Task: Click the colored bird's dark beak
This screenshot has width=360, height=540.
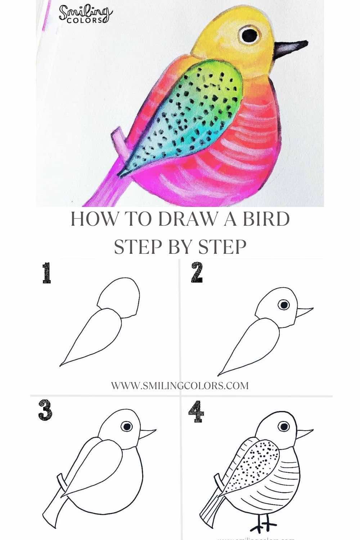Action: coord(290,49)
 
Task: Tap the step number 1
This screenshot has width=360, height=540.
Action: coord(46,273)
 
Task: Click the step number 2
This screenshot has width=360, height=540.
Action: coord(197,273)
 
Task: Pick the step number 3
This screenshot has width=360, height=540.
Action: coord(45,410)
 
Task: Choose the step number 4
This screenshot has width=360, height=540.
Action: coord(196,412)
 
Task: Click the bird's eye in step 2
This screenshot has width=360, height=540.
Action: coord(284,305)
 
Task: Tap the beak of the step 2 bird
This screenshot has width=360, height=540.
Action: coord(304,311)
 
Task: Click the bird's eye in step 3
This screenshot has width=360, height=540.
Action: coord(126,426)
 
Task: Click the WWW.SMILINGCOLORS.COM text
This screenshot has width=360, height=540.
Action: coord(180,386)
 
